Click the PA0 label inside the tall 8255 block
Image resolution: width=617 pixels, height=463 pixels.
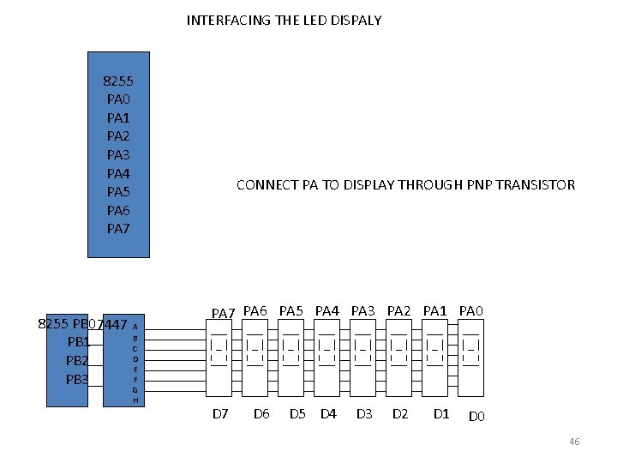[118, 99]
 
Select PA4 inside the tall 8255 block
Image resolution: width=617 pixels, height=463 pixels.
[118, 173]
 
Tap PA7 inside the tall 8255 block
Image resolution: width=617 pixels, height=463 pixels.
[118, 228]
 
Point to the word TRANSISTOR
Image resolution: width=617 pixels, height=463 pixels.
[536, 184]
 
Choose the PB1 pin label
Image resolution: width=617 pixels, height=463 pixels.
[79, 342]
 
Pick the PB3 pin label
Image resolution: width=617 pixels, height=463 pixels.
[78, 379]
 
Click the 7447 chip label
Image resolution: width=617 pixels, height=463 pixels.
[114, 325]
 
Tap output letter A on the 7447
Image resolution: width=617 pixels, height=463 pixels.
[135, 327]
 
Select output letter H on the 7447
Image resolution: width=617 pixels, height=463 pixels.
[135, 400]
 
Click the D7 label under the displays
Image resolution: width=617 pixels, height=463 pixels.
[220, 415]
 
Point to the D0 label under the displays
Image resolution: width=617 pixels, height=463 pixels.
[476, 418]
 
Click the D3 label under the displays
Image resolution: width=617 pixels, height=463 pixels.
[364, 415]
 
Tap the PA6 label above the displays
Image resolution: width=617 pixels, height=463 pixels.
[255, 310]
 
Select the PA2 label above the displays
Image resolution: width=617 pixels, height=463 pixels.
[399, 310]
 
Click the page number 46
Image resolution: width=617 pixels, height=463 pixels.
[574, 442]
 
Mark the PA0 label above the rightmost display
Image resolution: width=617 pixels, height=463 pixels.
[471, 310]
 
